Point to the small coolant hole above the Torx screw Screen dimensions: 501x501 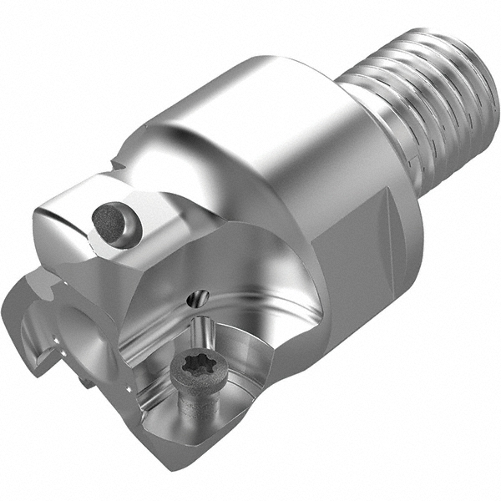pos(199,296)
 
